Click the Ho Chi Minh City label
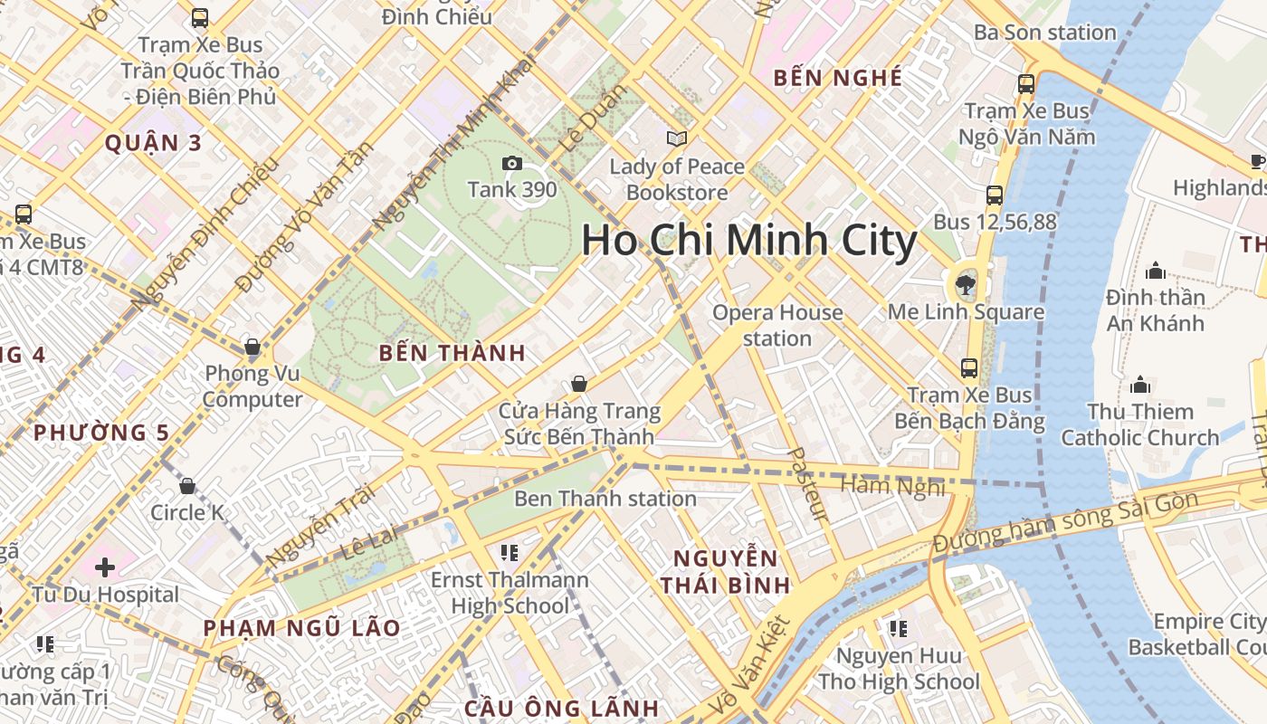click(x=749, y=241)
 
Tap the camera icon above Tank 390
click(x=512, y=164)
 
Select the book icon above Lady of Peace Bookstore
click(x=677, y=139)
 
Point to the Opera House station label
click(x=777, y=326)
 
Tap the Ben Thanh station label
click(x=605, y=499)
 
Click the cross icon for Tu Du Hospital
click(x=105, y=567)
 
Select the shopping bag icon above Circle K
click(x=187, y=486)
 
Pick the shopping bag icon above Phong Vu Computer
click(x=252, y=347)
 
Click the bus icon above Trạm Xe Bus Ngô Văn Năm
click(x=1026, y=84)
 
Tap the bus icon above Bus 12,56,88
click(x=995, y=195)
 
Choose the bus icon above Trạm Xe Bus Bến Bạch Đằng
click(x=969, y=368)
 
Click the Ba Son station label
click(x=1045, y=33)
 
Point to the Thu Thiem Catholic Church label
click(x=1140, y=424)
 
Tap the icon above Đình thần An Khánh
click(x=1155, y=271)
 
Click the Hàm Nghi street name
click(x=892, y=486)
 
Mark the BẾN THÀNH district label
click(x=452, y=354)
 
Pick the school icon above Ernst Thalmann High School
click(x=510, y=552)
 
